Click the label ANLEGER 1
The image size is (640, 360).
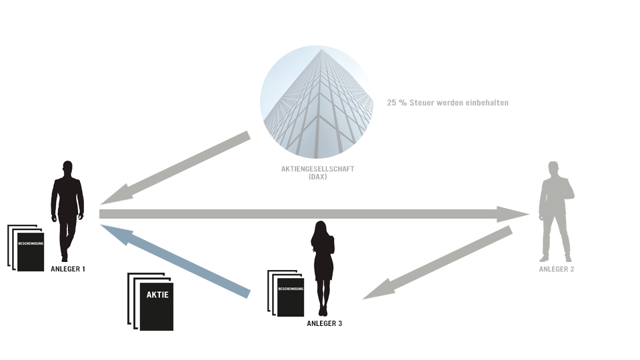coord(68,269)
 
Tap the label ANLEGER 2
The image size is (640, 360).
coord(556,269)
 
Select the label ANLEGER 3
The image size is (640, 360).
coord(325,323)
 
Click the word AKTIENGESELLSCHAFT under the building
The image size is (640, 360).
coord(317,169)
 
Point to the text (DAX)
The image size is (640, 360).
coord(317,177)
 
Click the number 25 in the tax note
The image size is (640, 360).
coord(391,103)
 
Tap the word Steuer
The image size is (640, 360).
coord(421,103)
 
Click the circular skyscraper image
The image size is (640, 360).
coord(317,102)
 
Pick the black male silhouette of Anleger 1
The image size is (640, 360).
coord(67,211)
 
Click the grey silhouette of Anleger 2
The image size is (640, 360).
coord(556,211)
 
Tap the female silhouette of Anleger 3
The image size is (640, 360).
coord(323,269)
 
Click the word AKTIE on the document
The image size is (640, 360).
coord(157,295)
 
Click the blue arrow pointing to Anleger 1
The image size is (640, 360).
coord(175,261)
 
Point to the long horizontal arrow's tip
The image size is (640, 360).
coord(529,214)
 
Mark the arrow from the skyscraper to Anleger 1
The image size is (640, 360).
coord(175,168)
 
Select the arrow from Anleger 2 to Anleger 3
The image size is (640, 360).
coord(437,263)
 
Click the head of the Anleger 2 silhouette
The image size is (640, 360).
coord(553,168)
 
